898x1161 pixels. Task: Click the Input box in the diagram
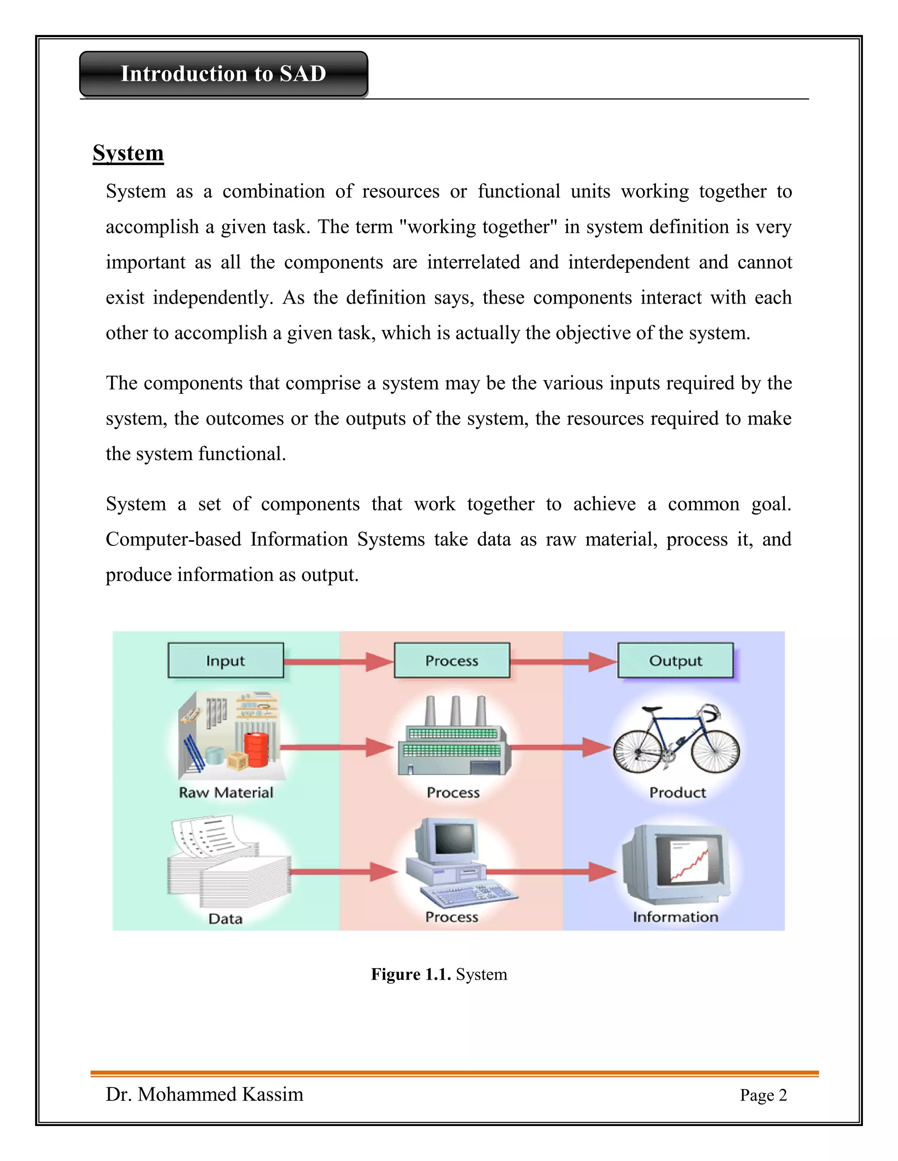point(225,661)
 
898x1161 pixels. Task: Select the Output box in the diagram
point(675,661)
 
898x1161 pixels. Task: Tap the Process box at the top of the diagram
point(452,661)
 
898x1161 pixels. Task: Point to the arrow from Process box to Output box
point(563,662)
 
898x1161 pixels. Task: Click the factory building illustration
point(454,742)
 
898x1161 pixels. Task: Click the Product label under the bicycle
point(677,793)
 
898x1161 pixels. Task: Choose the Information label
point(675,917)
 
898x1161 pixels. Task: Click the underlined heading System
point(128,153)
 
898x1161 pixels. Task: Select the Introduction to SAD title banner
point(224,74)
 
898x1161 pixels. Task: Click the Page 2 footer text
point(763,1095)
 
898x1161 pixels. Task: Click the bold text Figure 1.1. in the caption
point(411,974)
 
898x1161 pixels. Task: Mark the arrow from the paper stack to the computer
point(344,872)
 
